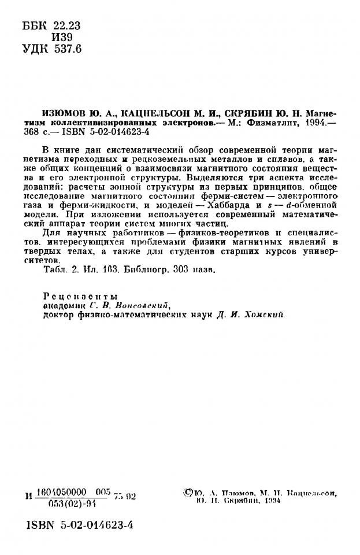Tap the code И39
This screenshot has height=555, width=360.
pyautogui.click(x=61, y=38)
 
